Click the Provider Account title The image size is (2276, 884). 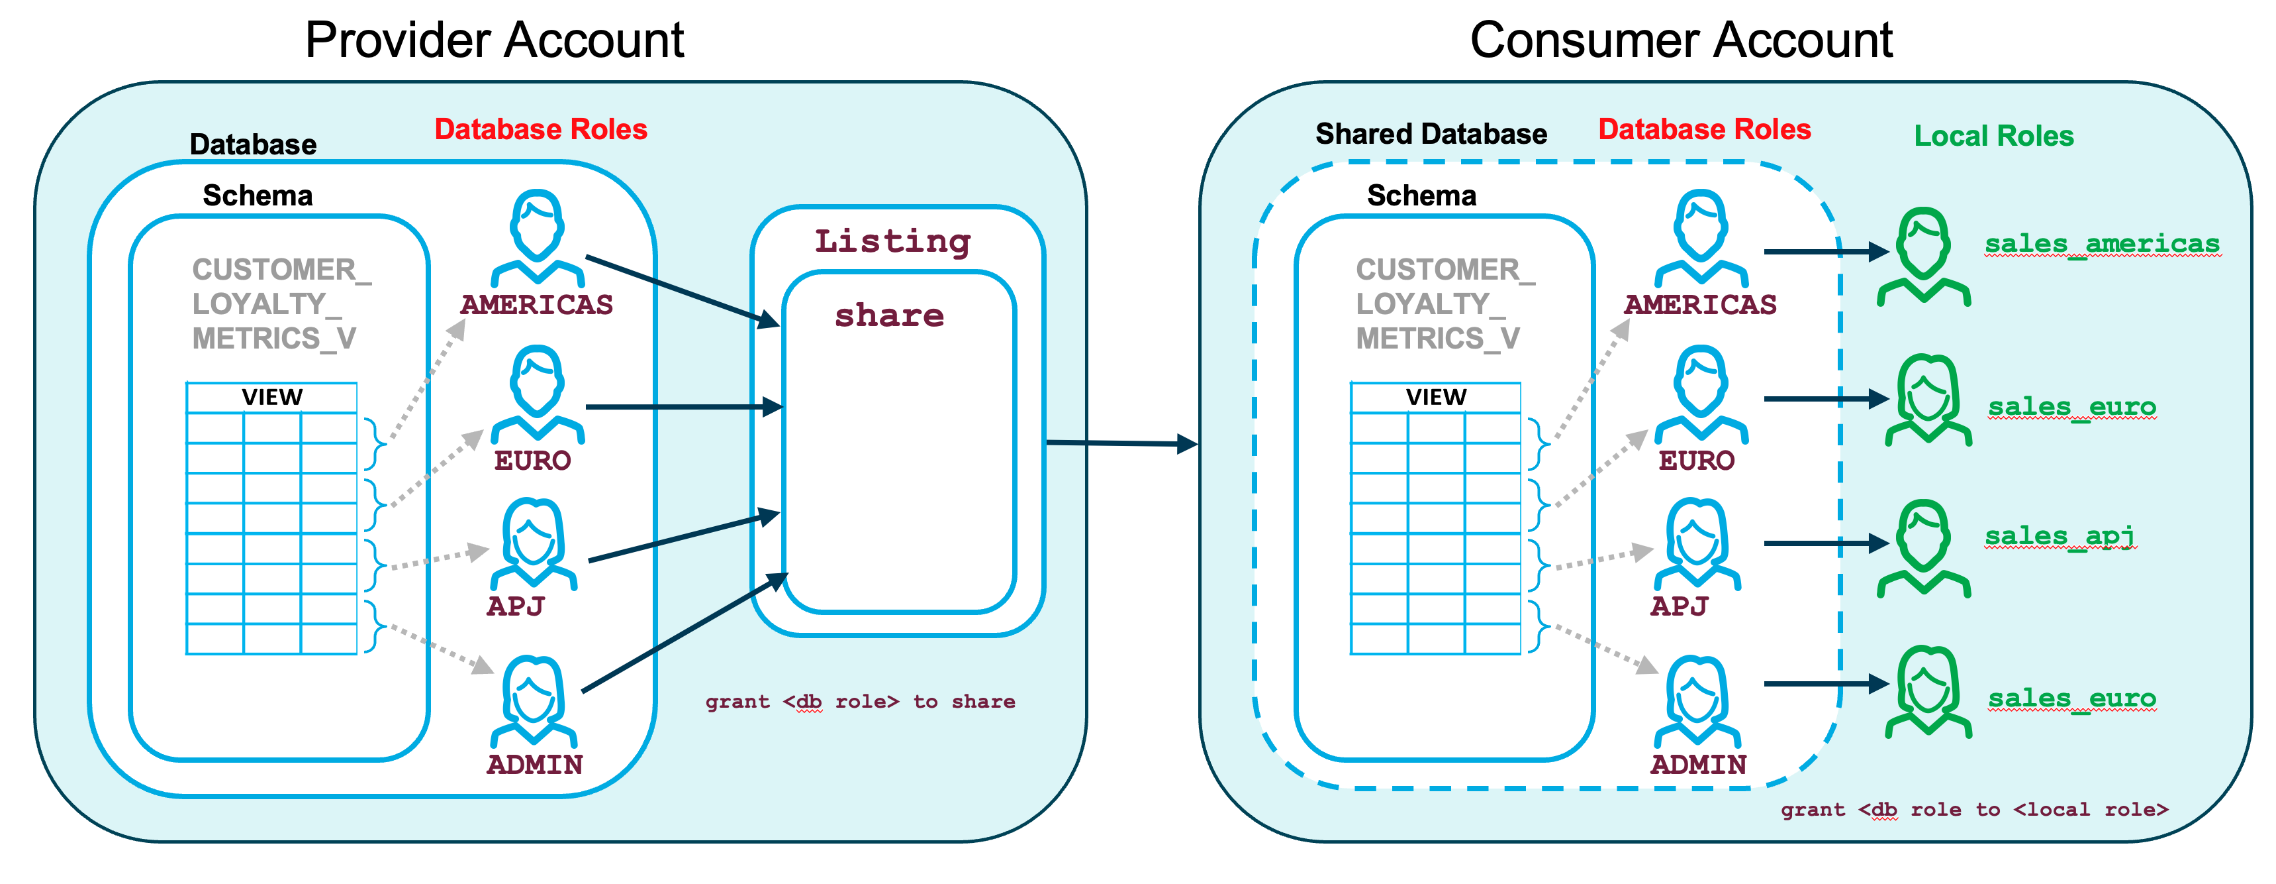(x=494, y=40)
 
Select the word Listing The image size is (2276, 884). (x=892, y=241)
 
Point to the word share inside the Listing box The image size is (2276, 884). (x=889, y=315)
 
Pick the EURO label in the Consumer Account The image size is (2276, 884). (x=1696, y=461)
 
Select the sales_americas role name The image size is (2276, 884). (x=2102, y=243)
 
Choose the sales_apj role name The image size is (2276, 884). (x=2060, y=535)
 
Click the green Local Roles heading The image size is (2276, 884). (x=1993, y=136)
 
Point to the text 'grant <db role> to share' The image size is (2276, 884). (x=860, y=702)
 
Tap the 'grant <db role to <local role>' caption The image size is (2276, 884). (x=1974, y=810)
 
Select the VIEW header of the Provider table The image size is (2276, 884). (x=272, y=397)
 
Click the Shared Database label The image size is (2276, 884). (x=1431, y=135)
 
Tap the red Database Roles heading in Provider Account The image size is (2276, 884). (x=541, y=130)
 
